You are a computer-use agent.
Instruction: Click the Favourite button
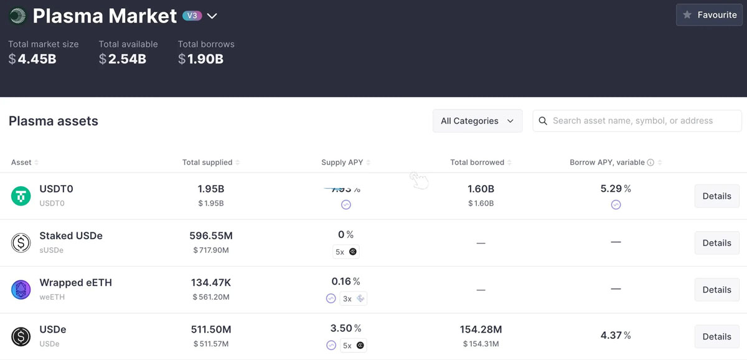tap(709, 15)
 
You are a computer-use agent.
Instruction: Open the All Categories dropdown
tap(477, 121)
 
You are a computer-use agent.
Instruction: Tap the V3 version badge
tap(192, 16)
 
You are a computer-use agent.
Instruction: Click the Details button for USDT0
tap(716, 196)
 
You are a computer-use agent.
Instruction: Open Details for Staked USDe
tap(716, 243)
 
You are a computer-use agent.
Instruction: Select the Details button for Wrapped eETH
tap(716, 290)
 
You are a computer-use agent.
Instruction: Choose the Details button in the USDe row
tap(716, 336)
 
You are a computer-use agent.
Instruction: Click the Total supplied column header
tap(207, 163)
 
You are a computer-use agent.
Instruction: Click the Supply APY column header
tap(342, 163)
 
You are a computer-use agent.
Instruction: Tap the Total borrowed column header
tap(477, 163)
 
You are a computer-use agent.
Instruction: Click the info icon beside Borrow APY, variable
tap(651, 163)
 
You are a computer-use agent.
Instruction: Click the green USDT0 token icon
tap(21, 196)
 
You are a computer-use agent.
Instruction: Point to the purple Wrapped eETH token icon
tap(21, 290)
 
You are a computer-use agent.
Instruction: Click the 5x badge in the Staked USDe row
tap(346, 252)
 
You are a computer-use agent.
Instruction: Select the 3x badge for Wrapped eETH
tap(353, 299)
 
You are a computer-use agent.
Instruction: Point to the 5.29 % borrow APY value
tap(615, 189)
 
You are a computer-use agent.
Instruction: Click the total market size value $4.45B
tap(32, 59)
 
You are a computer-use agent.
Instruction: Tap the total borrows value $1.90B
tap(200, 59)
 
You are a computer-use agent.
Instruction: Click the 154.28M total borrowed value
tap(481, 329)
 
